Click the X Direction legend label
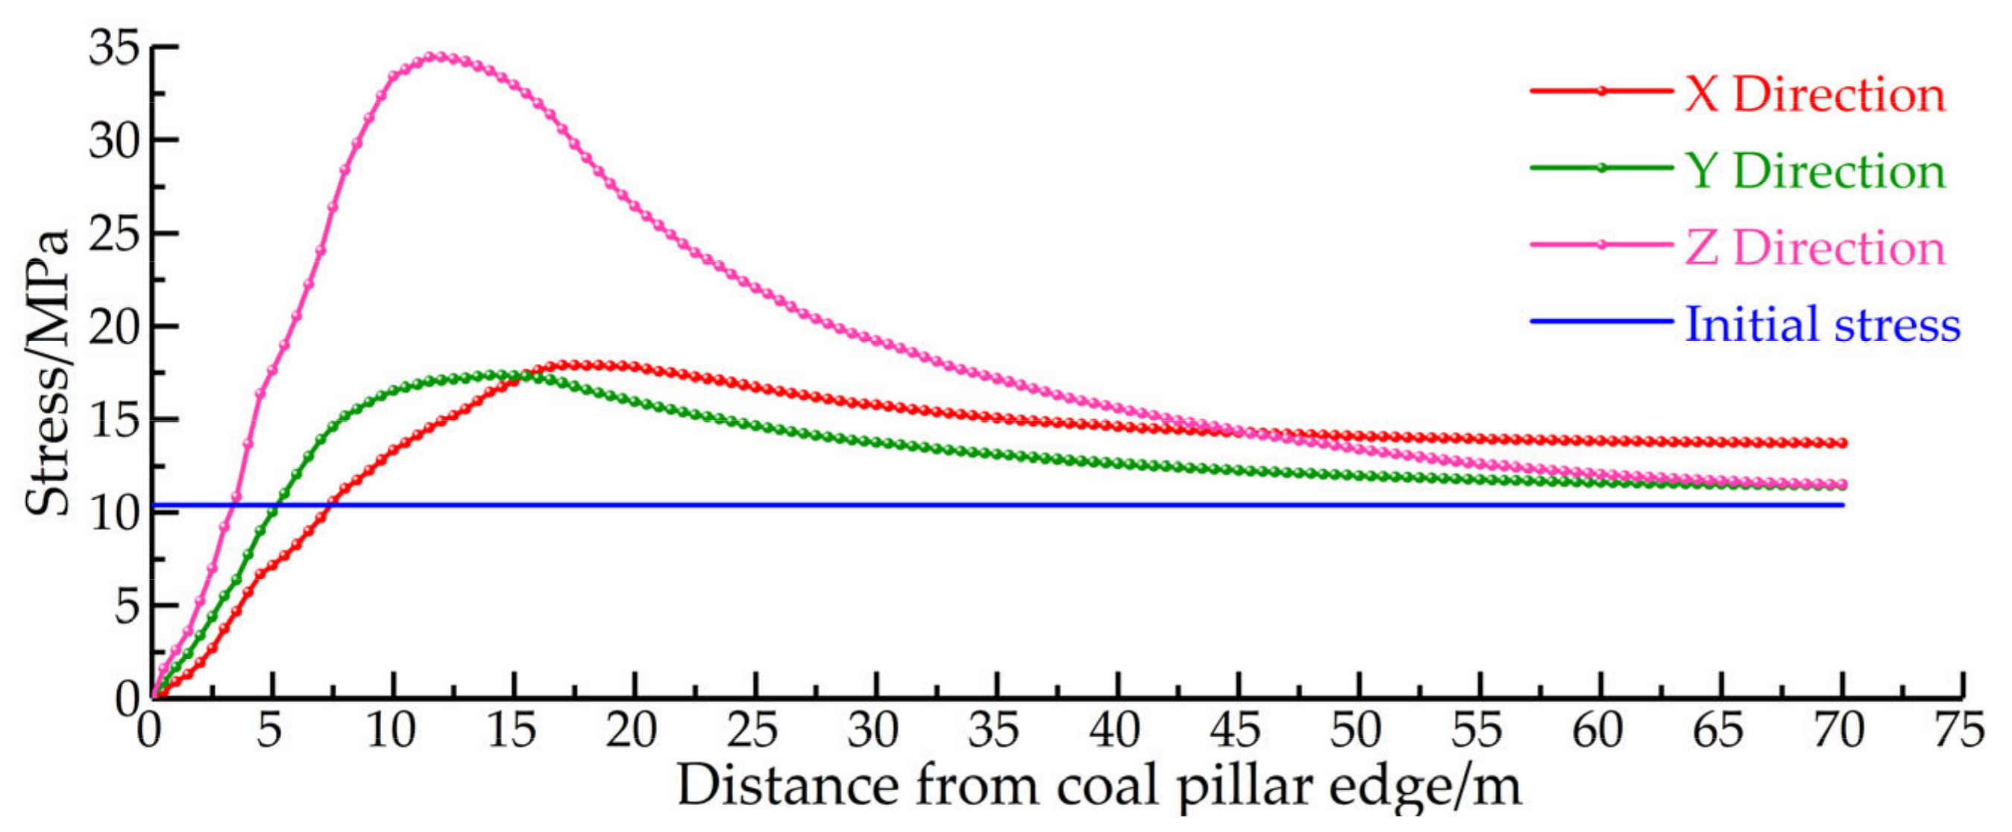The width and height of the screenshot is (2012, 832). (x=1814, y=96)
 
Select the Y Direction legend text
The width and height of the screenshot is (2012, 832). (x=1814, y=172)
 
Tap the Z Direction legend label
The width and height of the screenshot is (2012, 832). (x=1814, y=248)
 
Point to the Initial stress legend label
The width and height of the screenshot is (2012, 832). (x=1822, y=324)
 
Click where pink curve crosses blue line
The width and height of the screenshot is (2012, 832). (x=234, y=504)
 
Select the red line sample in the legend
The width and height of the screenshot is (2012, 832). (x=1601, y=91)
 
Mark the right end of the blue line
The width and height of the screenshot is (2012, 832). (x=1843, y=504)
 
